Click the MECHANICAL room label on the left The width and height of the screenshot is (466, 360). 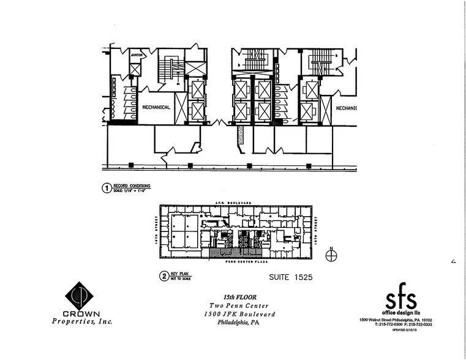click(156, 107)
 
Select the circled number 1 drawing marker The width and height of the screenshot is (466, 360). click(106, 189)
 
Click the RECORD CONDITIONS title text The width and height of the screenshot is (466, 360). click(133, 186)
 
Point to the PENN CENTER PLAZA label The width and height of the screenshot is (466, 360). click(235, 261)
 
